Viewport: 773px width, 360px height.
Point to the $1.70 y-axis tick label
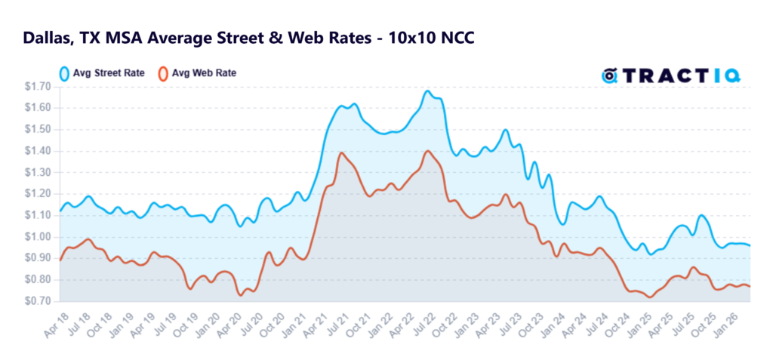click(x=38, y=87)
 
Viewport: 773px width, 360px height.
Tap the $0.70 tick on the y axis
click(x=38, y=301)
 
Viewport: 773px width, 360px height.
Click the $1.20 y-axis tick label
click(x=38, y=194)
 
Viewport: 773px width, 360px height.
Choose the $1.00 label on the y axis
click(x=38, y=237)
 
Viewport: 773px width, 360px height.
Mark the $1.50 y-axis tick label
click(x=38, y=130)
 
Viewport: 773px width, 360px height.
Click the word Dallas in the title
click(x=46, y=36)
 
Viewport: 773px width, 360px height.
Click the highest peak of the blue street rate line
click(x=428, y=91)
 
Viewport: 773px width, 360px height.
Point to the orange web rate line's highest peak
click(x=428, y=151)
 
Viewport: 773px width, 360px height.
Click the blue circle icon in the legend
click(x=65, y=74)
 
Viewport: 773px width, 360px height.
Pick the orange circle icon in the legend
click(x=162, y=74)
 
